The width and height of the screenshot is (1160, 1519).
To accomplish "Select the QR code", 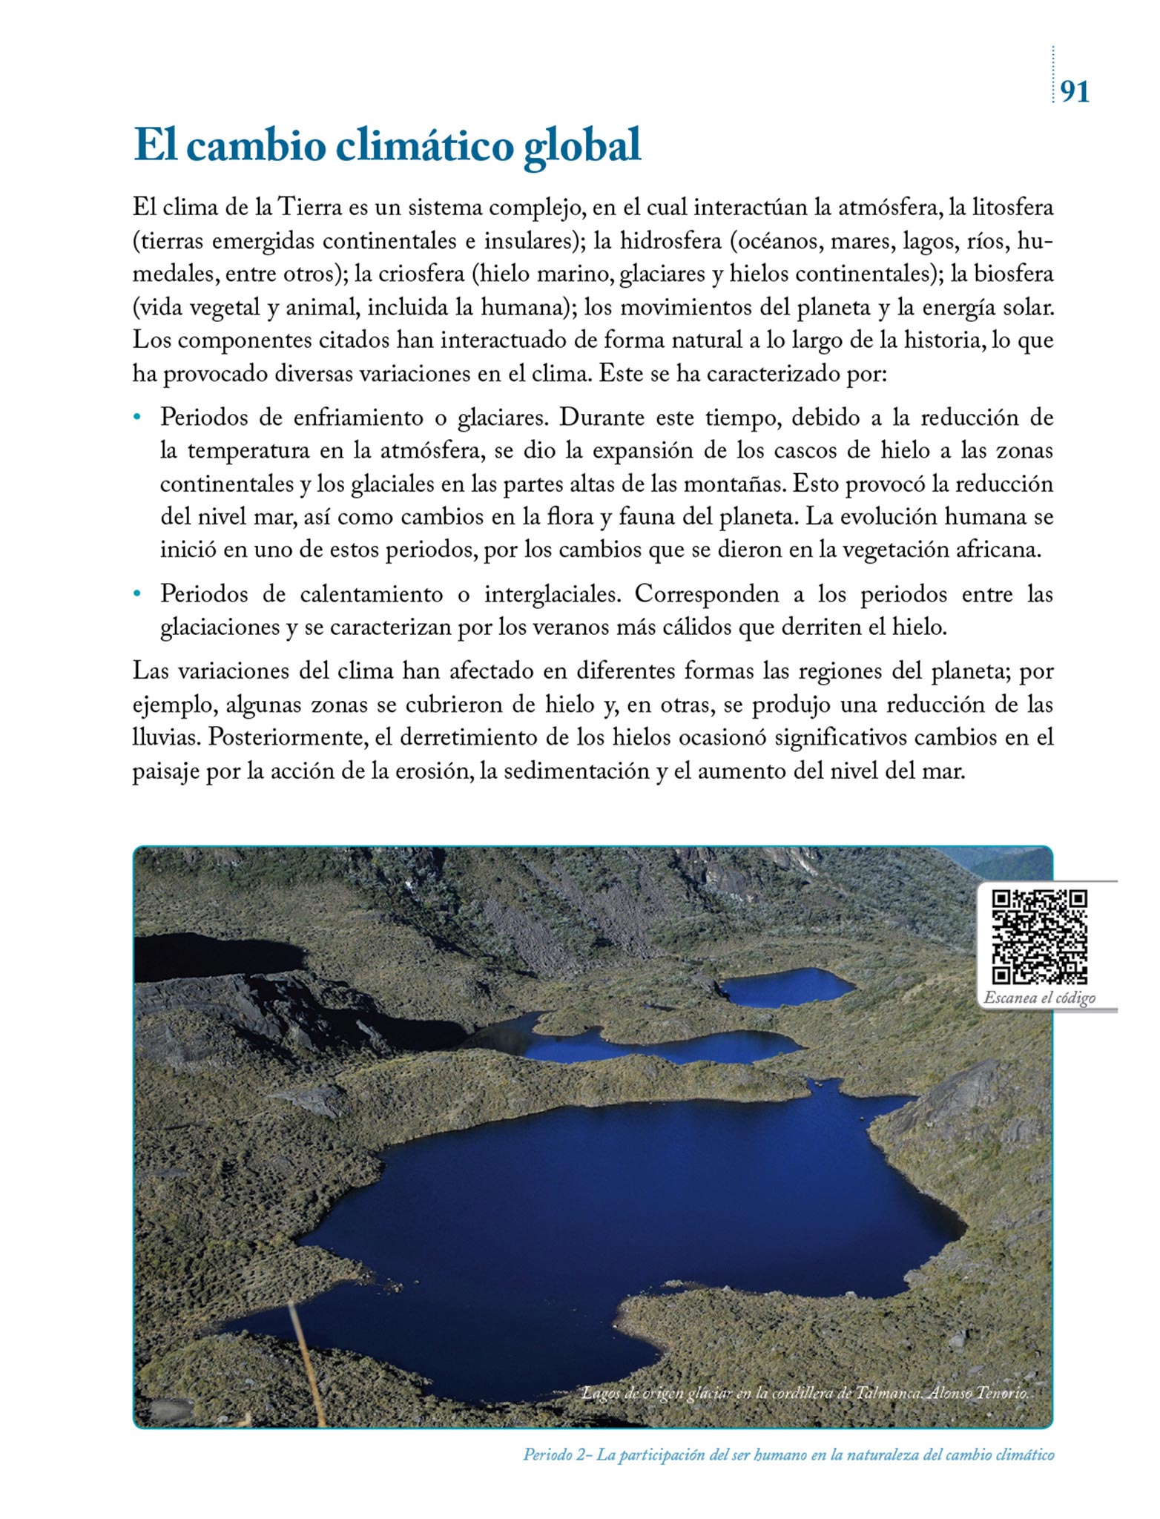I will [1040, 937].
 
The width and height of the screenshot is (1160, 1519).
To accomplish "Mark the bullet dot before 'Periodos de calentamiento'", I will [137, 594].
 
